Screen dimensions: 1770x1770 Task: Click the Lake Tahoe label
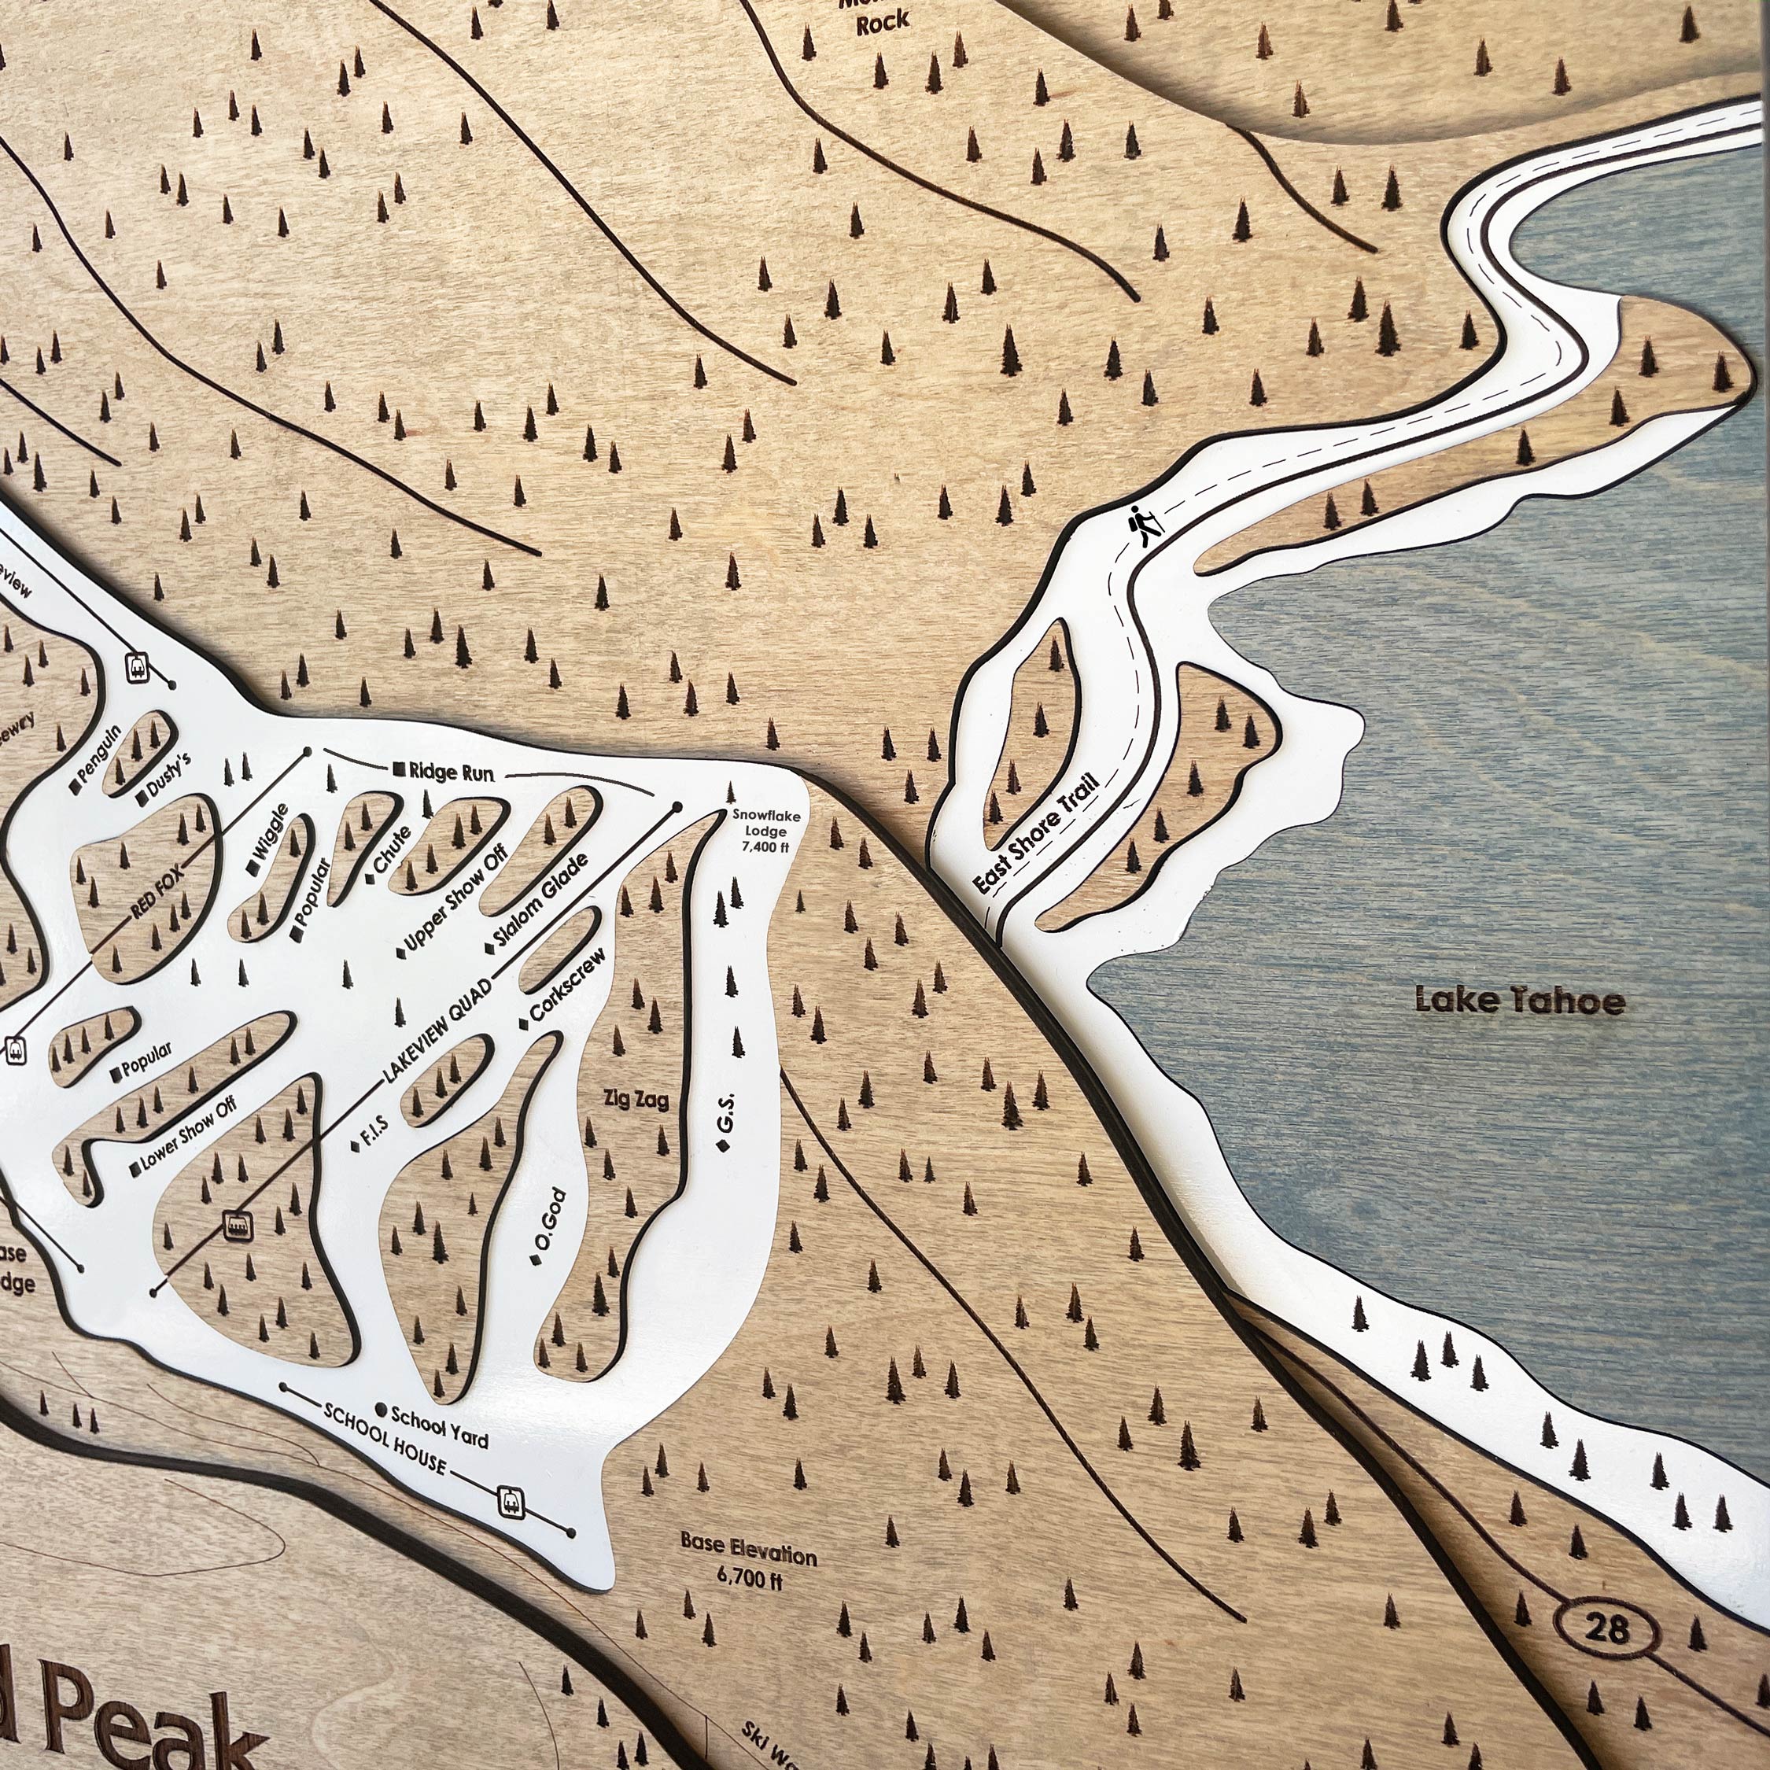click(x=1520, y=1000)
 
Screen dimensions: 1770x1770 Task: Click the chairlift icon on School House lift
click(x=511, y=1501)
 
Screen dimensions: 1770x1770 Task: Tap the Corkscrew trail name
click(x=567, y=986)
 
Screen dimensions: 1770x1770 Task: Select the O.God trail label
click(x=547, y=1219)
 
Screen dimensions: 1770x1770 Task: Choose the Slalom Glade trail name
click(x=540, y=901)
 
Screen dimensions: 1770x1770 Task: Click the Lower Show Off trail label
click(x=189, y=1135)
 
